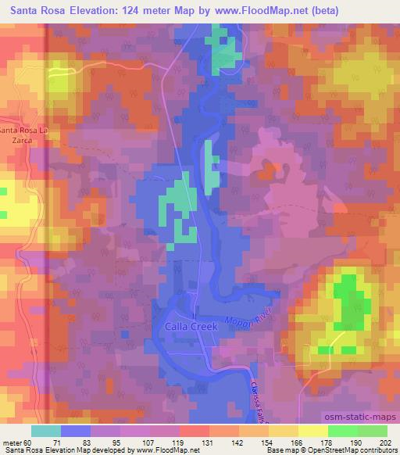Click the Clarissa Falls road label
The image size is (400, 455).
(263, 385)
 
